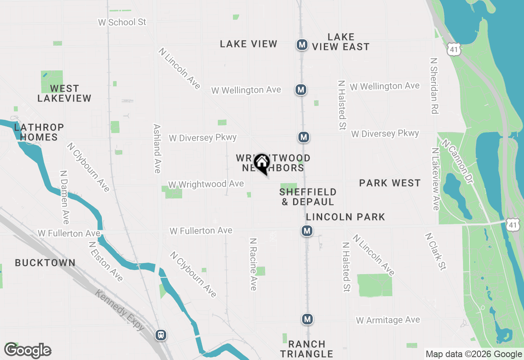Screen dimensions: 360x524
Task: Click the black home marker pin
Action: tap(261, 163)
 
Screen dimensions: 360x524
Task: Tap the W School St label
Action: tap(122, 22)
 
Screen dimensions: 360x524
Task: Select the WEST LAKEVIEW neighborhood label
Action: tap(64, 93)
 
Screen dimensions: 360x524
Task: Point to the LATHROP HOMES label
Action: tap(39, 132)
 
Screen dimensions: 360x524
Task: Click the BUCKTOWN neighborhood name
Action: tap(45, 263)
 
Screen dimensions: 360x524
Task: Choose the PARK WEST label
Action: tap(390, 183)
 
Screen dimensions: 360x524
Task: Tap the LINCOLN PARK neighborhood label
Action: tap(346, 217)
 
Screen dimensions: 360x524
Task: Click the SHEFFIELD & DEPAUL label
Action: tap(308, 197)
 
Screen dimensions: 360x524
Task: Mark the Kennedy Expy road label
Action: tap(120, 310)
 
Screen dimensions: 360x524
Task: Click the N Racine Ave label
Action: tap(253, 264)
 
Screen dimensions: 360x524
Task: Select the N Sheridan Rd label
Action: tap(434, 85)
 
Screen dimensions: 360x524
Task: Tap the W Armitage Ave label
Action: tap(388, 320)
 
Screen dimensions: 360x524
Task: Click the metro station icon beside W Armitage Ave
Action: tap(307, 319)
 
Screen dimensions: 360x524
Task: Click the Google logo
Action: tap(28, 350)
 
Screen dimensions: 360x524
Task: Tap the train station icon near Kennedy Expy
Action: tap(161, 335)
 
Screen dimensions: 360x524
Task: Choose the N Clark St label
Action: tap(435, 252)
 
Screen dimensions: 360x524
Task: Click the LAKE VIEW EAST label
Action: tap(341, 42)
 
